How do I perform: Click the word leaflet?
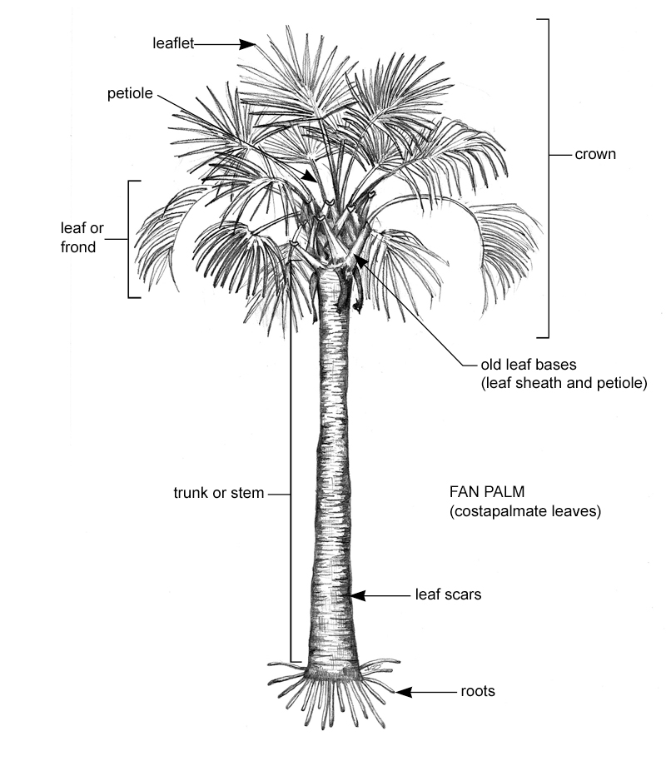click(x=173, y=43)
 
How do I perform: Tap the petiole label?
click(x=130, y=93)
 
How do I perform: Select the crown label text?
click(x=595, y=154)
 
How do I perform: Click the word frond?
click(x=78, y=246)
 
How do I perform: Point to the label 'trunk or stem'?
click(x=219, y=493)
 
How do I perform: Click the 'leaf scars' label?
click(x=448, y=594)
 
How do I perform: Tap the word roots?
click(x=478, y=691)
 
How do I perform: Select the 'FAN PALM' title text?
click(x=487, y=492)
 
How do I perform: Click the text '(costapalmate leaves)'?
click(x=525, y=511)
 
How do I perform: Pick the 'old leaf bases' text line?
click(x=529, y=365)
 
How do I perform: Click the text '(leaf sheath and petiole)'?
click(x=564, y=383)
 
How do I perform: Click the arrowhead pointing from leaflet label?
click(x=248, y=44)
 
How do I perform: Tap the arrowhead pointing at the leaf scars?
click(x=357, y=595)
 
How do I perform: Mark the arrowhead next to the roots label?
click(x=404, y=693)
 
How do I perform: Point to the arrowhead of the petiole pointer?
click(x=311, y=177)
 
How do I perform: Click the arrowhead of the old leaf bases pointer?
click(x=360, y=261)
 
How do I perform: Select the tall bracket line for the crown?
click(x=548, y=178)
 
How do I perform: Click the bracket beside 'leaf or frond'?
click(x=130, y=239)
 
